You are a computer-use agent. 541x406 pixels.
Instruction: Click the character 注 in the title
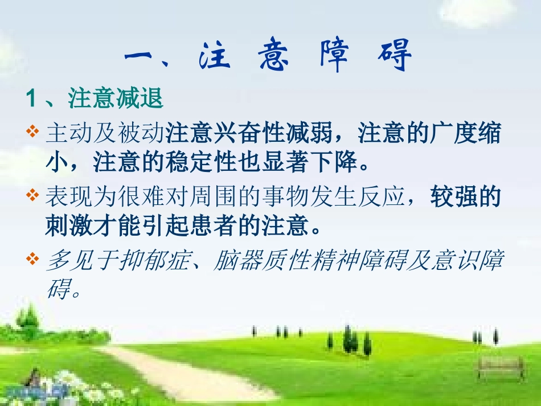pos(215,58)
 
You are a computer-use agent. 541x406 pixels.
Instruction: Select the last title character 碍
pos(394,58)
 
